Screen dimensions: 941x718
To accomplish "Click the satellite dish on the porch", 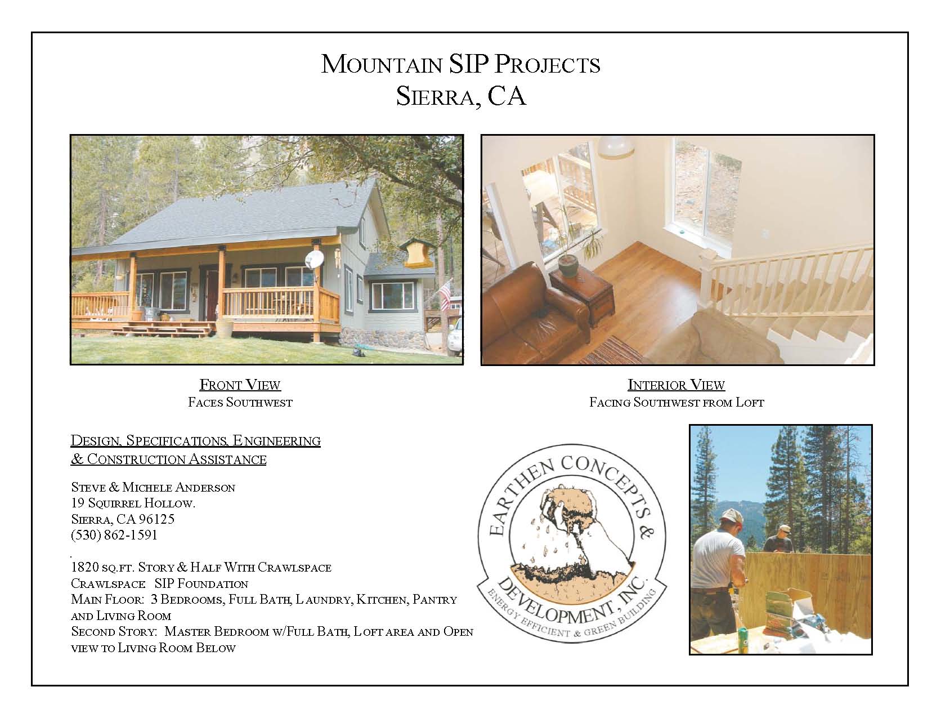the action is pos(314,260).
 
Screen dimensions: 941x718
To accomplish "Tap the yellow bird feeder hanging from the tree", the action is pos(416,254).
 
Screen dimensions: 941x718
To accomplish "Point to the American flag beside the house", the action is pos(446,295).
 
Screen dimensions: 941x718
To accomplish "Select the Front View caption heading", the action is pos(240,385).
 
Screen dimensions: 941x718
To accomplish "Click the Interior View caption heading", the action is pos(676,385).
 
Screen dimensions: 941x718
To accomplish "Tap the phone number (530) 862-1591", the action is pos(114,535).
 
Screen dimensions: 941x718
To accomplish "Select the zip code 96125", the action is pos(156,519).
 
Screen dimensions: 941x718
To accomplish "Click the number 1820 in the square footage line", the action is pos(85,567).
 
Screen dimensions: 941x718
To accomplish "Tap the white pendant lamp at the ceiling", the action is pos(616,146).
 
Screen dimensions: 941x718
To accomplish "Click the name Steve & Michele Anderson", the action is pos(153,487).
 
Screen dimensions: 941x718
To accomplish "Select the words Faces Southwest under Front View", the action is pos(240,402).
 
